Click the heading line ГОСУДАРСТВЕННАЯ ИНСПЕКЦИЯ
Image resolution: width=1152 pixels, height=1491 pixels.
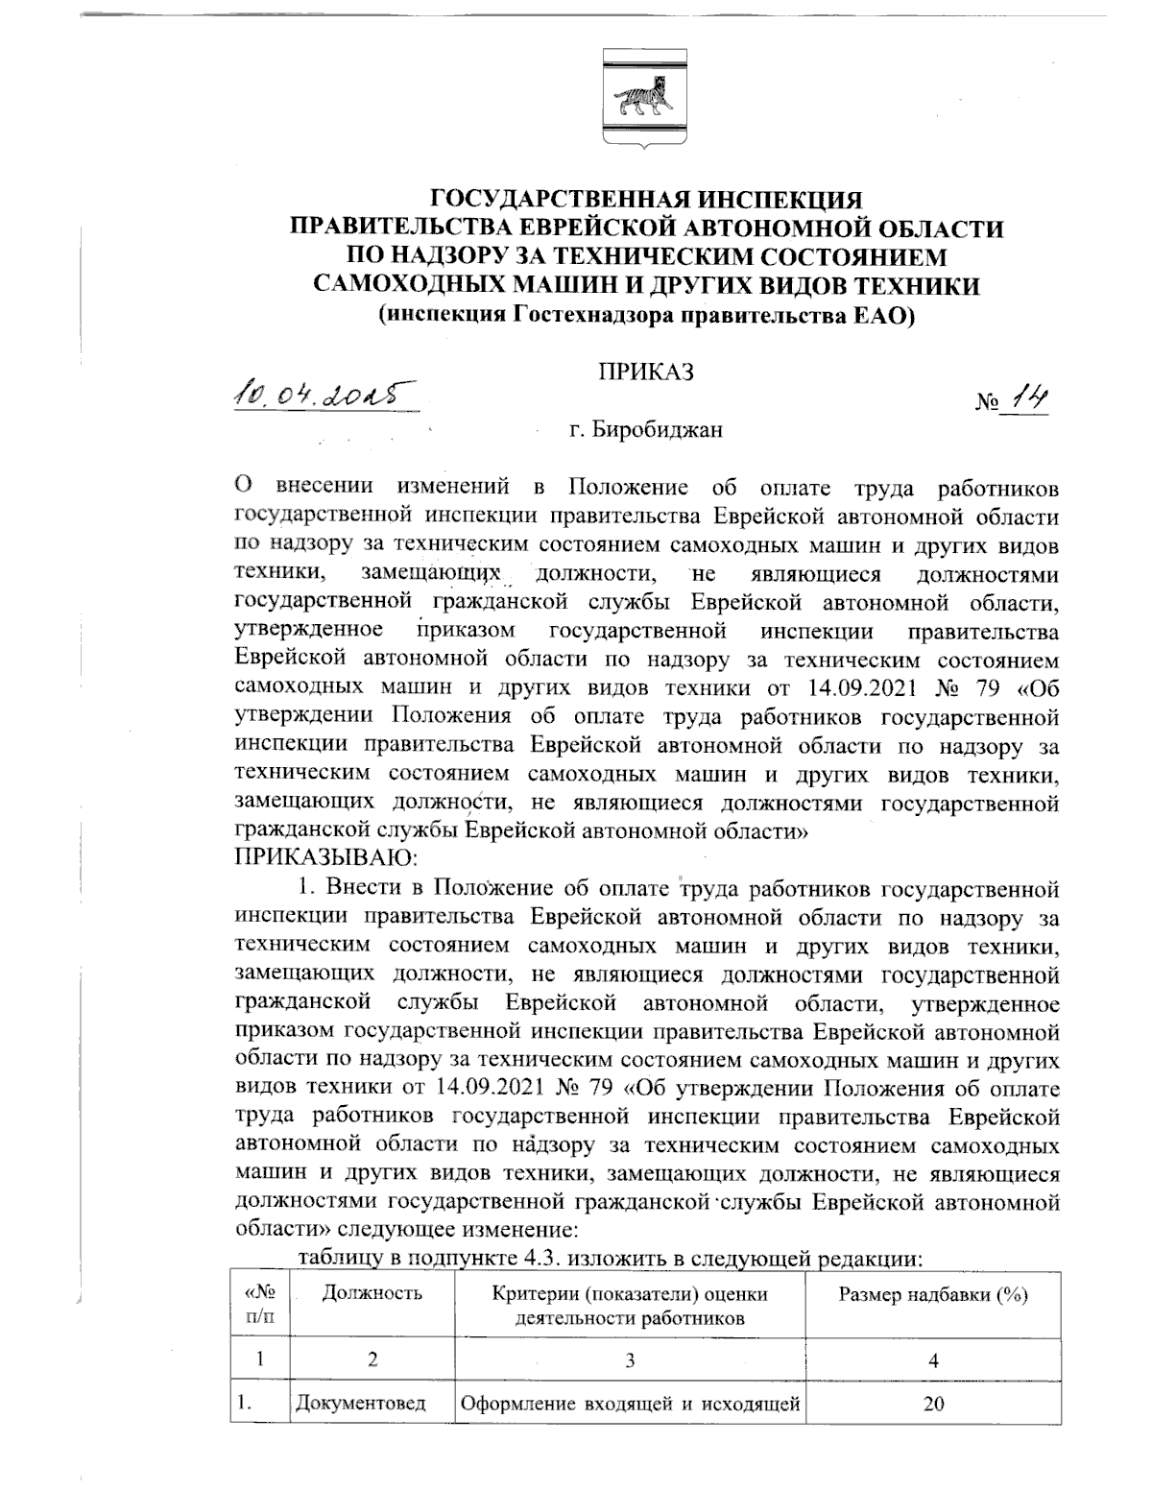(x=647, y=201)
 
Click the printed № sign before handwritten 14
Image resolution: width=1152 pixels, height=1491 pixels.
(x=987, y=407)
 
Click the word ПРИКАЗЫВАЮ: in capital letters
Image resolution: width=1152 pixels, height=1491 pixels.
(x=324, y=854)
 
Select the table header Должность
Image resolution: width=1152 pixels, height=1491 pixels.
(x=372, y=1293)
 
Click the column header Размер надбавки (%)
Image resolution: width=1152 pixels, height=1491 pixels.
(x=933, y=1295)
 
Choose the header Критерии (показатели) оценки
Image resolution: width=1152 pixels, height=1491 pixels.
(x=630, y=1294)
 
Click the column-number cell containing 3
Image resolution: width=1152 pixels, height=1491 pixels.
(x=630, y=1360)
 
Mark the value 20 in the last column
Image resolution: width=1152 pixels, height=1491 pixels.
(x=933, y=1405)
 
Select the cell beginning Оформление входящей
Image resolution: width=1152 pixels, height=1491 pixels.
(x=631, y=1405)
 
